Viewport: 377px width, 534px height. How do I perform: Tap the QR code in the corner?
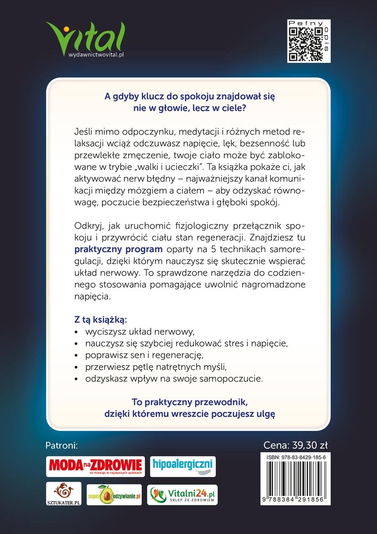click(309, 41)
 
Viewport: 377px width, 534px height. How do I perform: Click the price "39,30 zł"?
click(310, 445)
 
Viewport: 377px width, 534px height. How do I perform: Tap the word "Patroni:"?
click(61, 445)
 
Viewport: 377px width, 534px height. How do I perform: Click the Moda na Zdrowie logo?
click(95, 466)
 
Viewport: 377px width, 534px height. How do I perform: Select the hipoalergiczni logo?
click(182, 466)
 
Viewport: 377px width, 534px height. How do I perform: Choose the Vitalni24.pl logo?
click(182, 494)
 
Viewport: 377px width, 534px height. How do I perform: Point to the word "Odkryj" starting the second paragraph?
click(87, 224)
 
